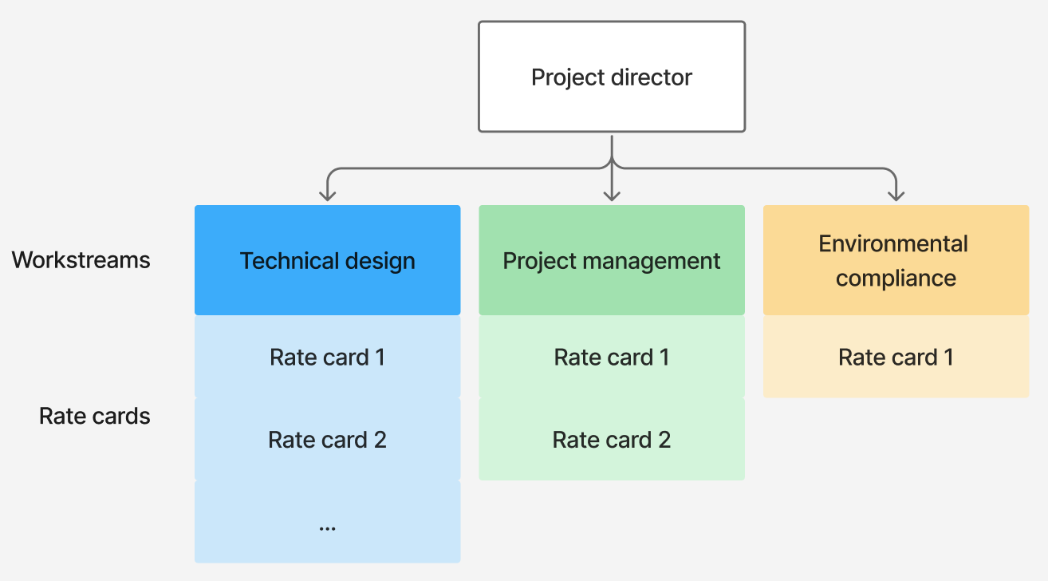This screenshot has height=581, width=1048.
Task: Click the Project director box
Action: tap(612, 77)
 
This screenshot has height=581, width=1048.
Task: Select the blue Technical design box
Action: tap(327, 260)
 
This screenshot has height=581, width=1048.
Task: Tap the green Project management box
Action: tap(612, 260)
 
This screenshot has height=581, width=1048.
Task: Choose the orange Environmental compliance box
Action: tap(896, 260)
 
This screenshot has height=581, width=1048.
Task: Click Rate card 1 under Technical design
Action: tap(327, 357)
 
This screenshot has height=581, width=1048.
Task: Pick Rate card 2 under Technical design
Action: tap(327, 439)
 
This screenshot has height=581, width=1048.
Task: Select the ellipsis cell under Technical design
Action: tap(327, 523)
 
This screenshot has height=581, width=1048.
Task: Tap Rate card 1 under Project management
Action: tap(612, 357)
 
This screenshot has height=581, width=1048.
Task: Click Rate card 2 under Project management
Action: tap(612, 439)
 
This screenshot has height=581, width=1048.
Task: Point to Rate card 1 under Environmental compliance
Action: tap(896, 357)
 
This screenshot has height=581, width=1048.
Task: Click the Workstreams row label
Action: tap(81, 259)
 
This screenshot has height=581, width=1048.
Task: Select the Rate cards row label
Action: tap(94, 416)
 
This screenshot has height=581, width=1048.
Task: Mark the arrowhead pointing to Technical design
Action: tap(326, 194)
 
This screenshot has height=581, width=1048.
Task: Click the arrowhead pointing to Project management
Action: tap(612, 194)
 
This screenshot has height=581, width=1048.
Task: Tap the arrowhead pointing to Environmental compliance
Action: tap(896, 194)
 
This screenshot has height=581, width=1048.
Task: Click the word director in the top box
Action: tap(652, 77)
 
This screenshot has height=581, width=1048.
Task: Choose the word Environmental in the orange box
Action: tap(893, 243)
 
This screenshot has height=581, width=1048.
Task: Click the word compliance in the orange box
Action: tap(896, 278)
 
